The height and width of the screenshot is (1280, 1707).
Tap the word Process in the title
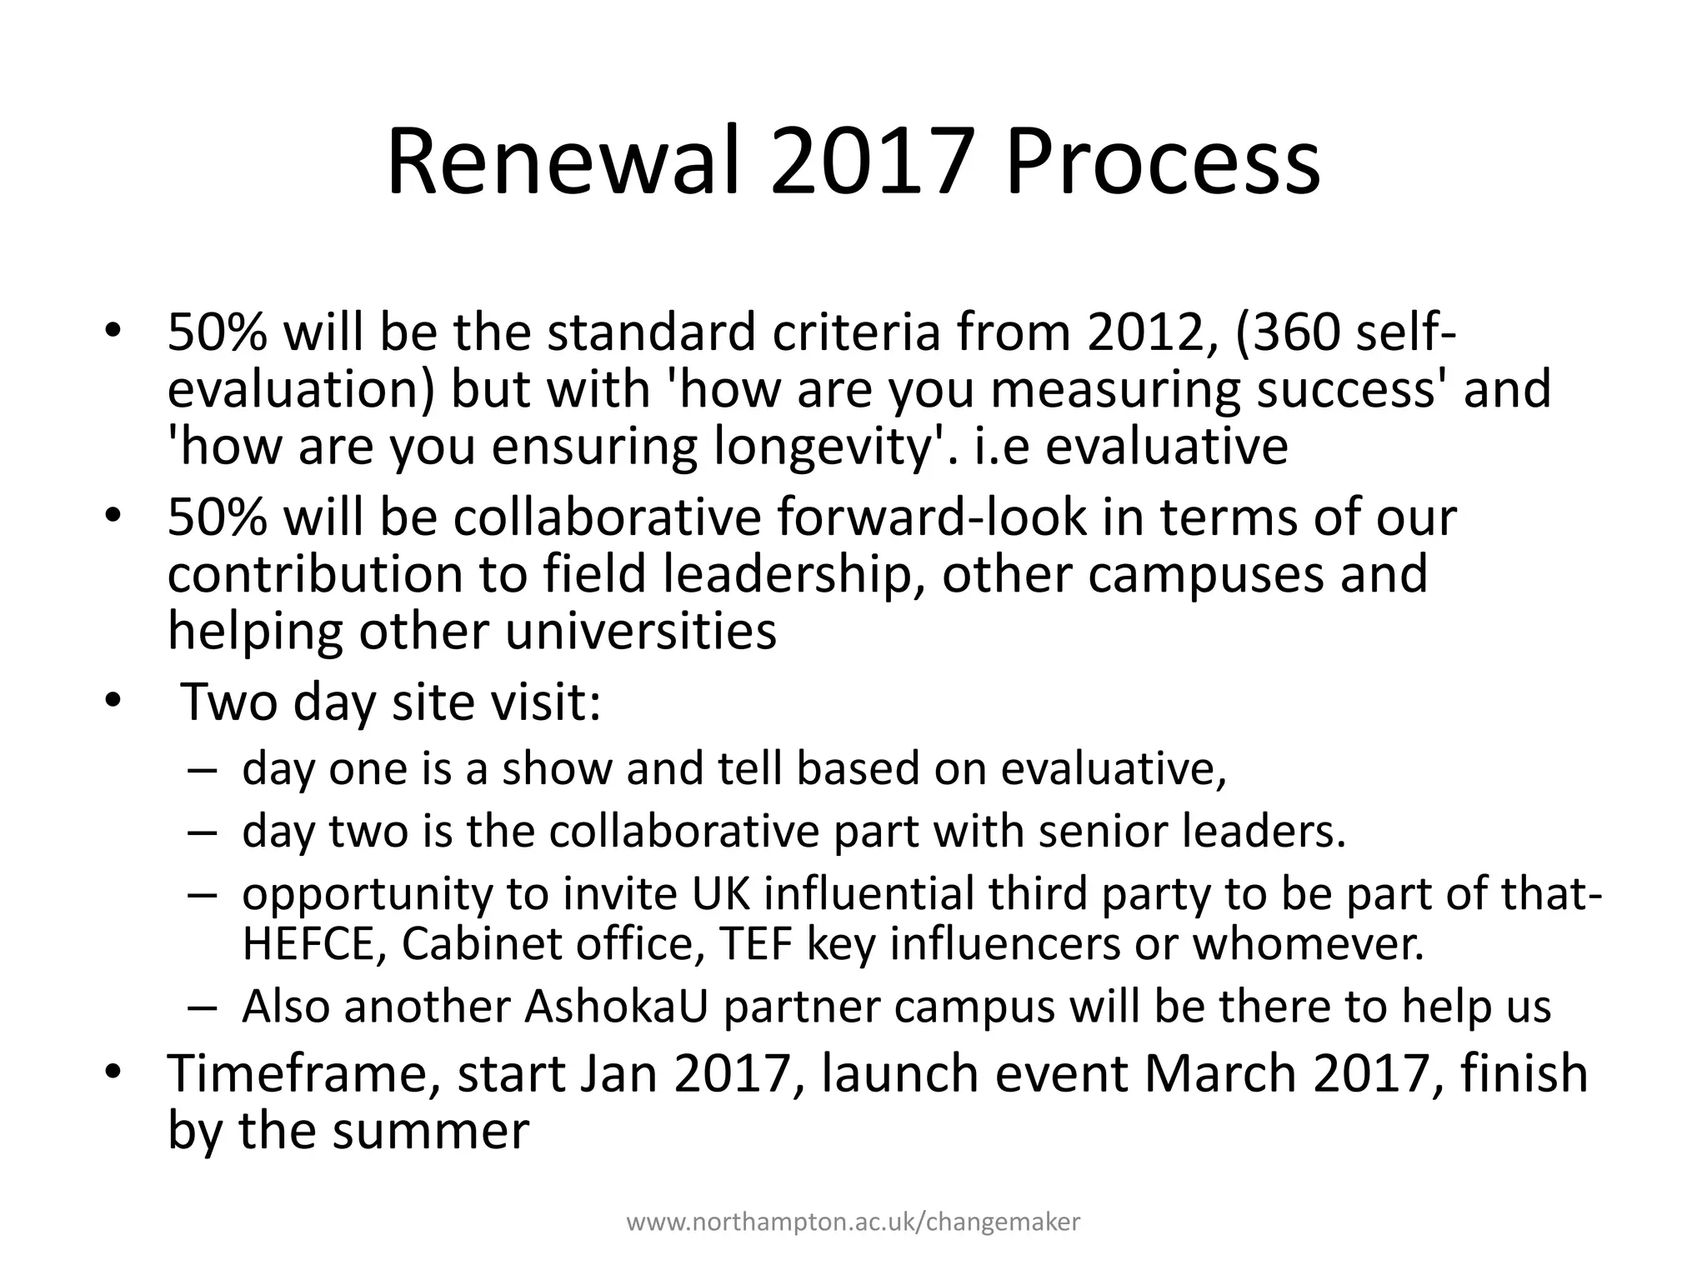[1163, 162]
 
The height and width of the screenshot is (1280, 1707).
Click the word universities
[641, 632]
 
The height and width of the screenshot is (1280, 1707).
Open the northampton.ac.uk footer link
[853, 1222]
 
